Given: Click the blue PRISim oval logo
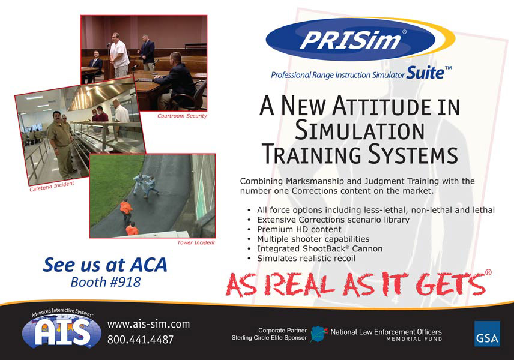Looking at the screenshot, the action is [350, 40].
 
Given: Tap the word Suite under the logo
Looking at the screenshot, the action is [425, 73].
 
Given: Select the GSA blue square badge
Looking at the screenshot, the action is [487, 334].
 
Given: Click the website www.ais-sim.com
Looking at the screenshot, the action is [148, 324].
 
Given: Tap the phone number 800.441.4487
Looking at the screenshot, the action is [141, 340].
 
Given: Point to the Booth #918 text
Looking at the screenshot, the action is [106, 282].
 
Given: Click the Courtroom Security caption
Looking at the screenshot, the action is [182, 116].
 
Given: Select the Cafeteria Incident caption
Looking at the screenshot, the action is [52, 187].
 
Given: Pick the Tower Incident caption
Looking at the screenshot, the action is [196, 242].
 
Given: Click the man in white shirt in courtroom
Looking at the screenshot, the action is [119, 55].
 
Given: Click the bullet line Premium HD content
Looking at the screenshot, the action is [299, 229].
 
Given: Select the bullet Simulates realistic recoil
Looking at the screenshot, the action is [306, 259].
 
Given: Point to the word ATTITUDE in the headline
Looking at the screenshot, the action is [381, 106].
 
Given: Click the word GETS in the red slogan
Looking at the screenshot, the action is [451, 283].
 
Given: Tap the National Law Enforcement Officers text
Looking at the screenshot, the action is [386, 332].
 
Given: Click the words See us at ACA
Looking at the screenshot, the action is [105, 265].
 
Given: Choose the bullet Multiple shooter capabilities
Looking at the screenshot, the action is [313, 239].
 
